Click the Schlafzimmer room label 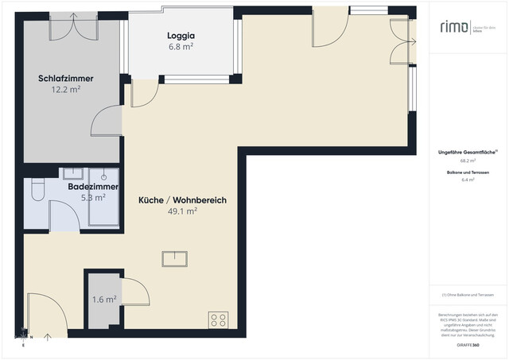click(66, 79)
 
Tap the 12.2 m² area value click(66, 90)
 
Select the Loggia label click(181, 36)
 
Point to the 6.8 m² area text click(181, 47)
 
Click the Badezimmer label click(93, 187)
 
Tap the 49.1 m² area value click(182, 212)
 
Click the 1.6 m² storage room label click(104, 300)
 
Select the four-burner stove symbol click(218, 320)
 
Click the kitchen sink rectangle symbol click(173, 258)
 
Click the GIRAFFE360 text click(469, 345)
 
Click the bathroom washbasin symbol click(105, 176)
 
